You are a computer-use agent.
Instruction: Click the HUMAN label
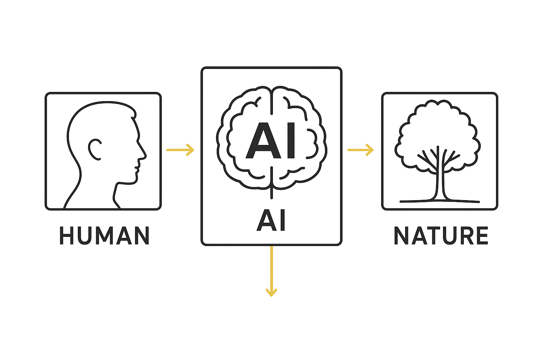[x=104, y=235]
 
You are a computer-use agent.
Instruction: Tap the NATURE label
[x=441, y=236]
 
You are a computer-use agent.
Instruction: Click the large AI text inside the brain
[x=271, y=141]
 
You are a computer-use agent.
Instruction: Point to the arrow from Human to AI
[x=180, y=150]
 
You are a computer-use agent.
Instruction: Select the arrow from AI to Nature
[x=361, y=150]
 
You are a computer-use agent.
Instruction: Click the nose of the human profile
[x=144, y=155]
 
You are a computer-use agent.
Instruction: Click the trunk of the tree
[x=438, y=184]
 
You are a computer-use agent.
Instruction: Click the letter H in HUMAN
[x=66, y=235]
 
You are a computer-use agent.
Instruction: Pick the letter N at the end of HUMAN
[x=142, y=235]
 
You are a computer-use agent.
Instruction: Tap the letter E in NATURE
[x=482, y=236]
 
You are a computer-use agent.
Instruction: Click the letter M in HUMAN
[x=104, y=235]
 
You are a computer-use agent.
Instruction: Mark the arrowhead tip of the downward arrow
[x=271, y=296]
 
